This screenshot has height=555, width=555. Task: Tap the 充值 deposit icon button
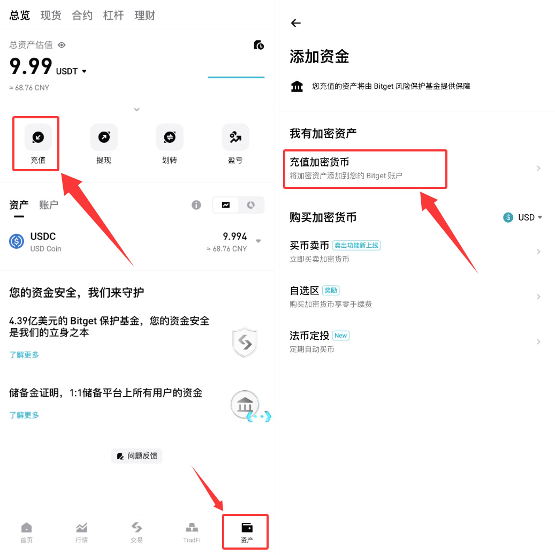point(38,138)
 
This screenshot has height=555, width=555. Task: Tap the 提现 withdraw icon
point(104,138)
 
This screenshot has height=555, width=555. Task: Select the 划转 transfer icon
point(170,138)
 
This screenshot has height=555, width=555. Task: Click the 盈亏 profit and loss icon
point(235,138)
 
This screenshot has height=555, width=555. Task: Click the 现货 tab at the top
point(51,16)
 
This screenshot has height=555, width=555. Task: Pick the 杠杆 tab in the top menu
point(113,16)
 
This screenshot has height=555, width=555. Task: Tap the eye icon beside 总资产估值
point(62,45)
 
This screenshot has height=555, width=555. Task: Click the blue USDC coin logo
point(17,241)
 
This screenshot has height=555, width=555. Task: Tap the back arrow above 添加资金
point(295,23)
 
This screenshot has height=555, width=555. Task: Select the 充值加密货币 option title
point(320,162)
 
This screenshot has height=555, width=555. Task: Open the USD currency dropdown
point(523,217)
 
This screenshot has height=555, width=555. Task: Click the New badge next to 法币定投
point(340,336)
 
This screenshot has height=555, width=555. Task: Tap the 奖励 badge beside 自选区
point(331,291)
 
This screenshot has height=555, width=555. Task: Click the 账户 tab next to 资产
point(49,204)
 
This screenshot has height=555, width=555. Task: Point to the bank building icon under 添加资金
point(297,86)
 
